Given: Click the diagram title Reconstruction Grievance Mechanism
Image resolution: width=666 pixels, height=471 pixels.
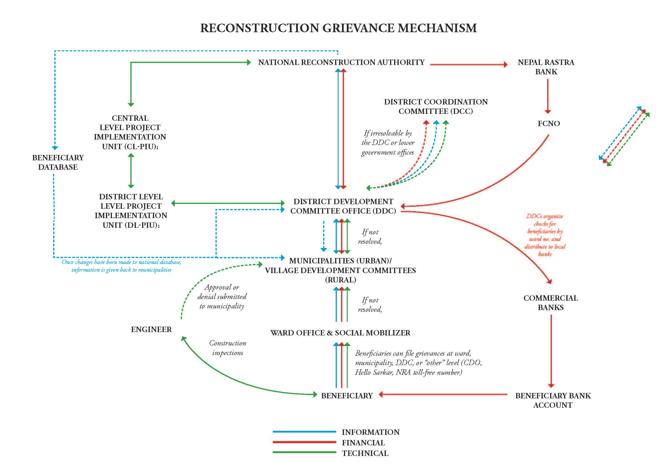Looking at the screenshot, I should click(338, 28).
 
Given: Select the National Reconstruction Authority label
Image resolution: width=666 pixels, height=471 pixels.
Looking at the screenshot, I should click(341, 62).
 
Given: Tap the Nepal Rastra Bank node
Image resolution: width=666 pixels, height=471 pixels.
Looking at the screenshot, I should click(546, 67).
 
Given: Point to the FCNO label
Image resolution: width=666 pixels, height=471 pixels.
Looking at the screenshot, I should click(548, 124).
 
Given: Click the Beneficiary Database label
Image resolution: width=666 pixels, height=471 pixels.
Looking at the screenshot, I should click(58, 162).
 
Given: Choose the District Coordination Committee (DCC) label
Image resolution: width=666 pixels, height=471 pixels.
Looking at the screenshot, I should click(436, 107).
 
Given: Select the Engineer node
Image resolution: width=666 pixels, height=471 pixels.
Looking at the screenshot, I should click(151, 329).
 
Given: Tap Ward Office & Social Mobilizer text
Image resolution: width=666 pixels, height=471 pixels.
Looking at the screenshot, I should click(340, 333).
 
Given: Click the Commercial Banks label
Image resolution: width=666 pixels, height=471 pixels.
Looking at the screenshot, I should click(551, 303).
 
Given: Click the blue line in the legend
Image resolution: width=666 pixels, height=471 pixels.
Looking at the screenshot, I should click(304, 432).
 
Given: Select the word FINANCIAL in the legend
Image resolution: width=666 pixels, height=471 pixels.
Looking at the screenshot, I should click(363, 443).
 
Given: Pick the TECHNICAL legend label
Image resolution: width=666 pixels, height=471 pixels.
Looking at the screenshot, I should click(365, 453).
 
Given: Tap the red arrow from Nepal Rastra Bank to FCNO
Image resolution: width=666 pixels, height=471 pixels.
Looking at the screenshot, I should click(548, 96).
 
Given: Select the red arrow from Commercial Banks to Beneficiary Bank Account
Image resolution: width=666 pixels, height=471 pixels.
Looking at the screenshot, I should click(551, 351).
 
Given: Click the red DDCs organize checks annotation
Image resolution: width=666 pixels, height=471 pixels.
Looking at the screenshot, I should click(545, 235).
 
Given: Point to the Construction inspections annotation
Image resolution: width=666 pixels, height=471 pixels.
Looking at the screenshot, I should click(228, 348).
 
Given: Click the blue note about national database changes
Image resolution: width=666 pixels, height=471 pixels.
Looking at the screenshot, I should click(121, 266).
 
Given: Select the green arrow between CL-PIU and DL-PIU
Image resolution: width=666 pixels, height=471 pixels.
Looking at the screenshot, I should click(131, 171).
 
